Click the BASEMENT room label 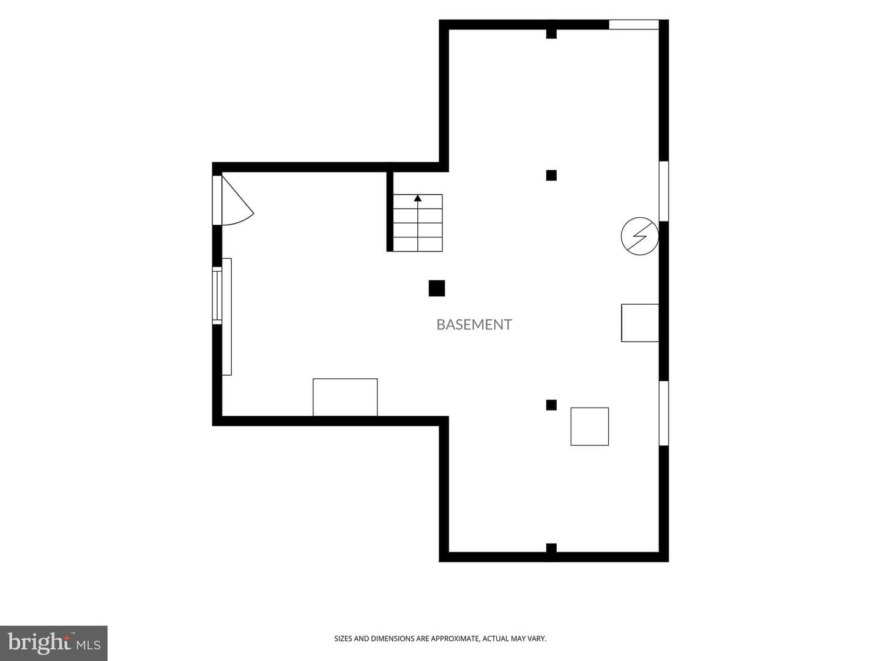coord(474,324)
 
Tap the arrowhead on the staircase coord(418,198)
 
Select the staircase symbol coord(417,223)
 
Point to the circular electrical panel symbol coord(639,236)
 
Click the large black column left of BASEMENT coord(437,288)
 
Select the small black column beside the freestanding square coord(551,405)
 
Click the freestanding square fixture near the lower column coord(590,426)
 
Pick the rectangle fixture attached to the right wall coord(640,323)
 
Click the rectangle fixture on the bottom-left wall coord(345,397)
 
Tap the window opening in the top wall coord(634,24)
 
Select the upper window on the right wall coord(664,191)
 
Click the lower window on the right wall coord(664,413)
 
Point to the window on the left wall coord(217,296)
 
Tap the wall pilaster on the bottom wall coord(551,548)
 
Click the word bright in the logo coord(39,644)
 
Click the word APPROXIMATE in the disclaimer coord(455,638)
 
